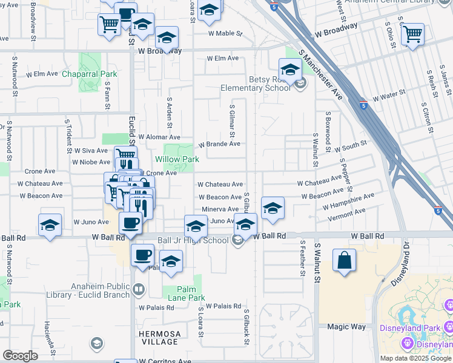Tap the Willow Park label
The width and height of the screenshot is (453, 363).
coord(177,159)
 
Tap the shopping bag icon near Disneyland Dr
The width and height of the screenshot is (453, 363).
coord(344,261)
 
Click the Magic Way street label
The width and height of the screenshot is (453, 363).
coord(346,327)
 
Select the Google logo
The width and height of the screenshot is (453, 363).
coord(20,356)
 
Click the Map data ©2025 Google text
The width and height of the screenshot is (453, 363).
coord(415,358)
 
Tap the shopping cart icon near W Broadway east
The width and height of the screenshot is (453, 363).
coord(412,34)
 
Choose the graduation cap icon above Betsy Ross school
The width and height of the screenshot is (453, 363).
coord(290,70)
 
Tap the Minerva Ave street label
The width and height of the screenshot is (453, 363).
coord(220,209)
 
